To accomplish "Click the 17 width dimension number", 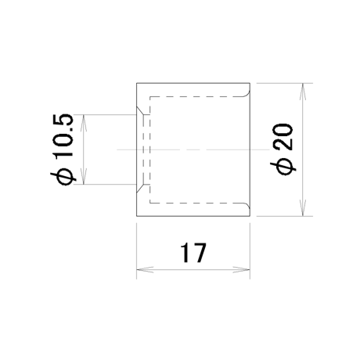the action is (x=193, y=253).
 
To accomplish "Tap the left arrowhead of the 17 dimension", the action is (x=145, y=270).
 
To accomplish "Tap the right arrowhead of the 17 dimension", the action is (x=242, y=270).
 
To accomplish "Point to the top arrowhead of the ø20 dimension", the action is (x=303, y=92).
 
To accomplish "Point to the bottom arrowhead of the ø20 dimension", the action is (x=303, y=207).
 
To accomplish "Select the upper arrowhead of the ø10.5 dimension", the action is (x=84, y=123).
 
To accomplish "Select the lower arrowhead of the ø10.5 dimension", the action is (x=84, y=176).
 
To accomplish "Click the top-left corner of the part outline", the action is (x=137, y=83).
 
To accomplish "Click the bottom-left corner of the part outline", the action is (x=137, y=216).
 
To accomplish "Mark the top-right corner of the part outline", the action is (x=250, y=83).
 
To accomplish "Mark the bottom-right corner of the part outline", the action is (x=250, y=216).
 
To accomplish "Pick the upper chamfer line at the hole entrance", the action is (x=140, y=110).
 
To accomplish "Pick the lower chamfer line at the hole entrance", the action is (x=140, y=189).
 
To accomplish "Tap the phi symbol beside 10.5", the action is (x=63, y=177).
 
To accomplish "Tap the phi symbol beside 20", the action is (x=283, y=166).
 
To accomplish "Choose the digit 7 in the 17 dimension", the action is (x=200, y=253).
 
